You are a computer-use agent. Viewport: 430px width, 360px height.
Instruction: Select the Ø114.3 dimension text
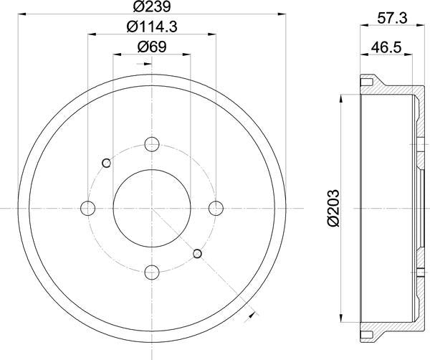151,29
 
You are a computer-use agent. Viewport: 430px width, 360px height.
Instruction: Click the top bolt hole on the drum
152,144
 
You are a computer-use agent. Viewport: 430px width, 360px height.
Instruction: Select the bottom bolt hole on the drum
152,271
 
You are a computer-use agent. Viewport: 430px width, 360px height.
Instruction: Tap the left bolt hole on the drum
88,208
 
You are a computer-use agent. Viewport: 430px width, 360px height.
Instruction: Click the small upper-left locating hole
106,163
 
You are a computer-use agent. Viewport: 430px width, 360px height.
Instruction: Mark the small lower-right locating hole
198,253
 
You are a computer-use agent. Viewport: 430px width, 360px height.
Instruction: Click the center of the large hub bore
152,208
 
